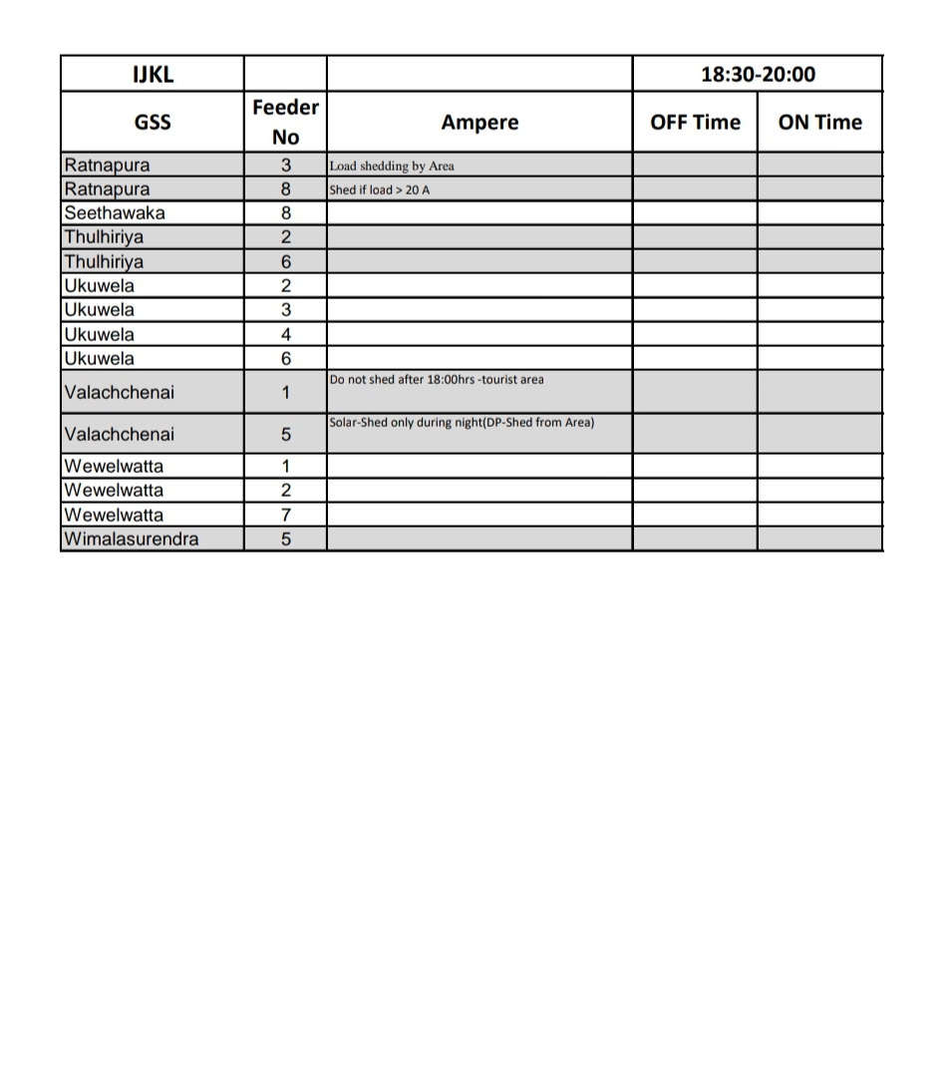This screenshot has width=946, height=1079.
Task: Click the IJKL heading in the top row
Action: [x=153, y=74]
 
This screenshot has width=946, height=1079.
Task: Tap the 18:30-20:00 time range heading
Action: [x=758, y=74]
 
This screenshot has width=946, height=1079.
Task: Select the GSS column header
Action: [x=153, y=123]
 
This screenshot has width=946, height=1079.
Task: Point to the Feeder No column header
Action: [x=285, y=122]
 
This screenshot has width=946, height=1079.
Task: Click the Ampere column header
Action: [x=479, y=123]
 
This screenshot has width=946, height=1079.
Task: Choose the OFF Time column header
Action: [x=695, y=123]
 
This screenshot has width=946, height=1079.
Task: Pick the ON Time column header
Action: [x=819, y=123]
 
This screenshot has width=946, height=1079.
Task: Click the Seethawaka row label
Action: [x=115, y=212]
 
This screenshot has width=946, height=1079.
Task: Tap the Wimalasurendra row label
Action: [x=131, y=539]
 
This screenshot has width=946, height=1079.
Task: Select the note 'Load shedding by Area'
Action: [x=392, y=167]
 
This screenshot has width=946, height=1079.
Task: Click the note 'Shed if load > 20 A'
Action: [x=380, y=189]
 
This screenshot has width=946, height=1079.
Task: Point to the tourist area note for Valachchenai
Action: [x=437, y=380]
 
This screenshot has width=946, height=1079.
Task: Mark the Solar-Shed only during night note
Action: [x=462, y=423]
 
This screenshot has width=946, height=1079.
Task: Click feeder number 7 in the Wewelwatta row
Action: [x=286, y=516]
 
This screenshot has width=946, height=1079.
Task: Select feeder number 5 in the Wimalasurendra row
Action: [x=286, y=539]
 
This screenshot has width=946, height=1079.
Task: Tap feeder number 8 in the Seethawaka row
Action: [x=286, y=213]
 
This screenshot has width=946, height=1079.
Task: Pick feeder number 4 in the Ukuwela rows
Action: [x=286, y=335]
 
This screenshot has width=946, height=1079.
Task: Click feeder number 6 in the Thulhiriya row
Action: [x=286, y=262]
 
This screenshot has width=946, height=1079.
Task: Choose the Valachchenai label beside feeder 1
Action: [x=119, y=393]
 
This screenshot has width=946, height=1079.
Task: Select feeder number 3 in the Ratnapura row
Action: [x=286, y=166]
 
